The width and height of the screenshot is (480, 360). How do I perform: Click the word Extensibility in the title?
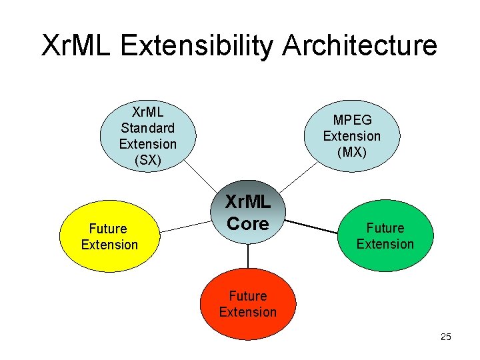[x=198, y=45]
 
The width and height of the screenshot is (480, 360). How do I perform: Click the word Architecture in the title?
[x=360, y=45]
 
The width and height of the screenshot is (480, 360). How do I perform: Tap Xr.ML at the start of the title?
[x=77, y=45]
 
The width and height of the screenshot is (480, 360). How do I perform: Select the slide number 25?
[x=446, y=337]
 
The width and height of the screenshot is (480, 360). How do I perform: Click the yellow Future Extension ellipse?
[x=109, y=237]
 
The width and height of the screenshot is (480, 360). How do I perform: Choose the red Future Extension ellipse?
[x=247, y=304]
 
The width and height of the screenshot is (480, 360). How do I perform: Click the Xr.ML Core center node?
[x=247, y=213]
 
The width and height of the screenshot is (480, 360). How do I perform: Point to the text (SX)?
[x=147, y=160]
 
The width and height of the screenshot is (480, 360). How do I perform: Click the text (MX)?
[x=351, y=152]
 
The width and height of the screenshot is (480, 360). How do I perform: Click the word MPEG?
[x=352, y=120]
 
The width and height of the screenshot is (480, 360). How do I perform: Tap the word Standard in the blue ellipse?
[x=147, y=127]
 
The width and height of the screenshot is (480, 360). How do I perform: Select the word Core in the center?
[x=247, y=224]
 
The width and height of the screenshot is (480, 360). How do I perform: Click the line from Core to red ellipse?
[x=247, y=257]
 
